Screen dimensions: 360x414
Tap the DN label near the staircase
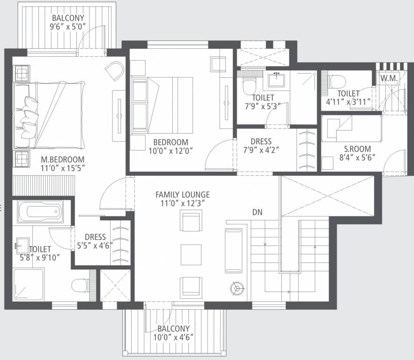(x=257, y=212)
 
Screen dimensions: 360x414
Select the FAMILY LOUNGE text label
(x=183, y=195)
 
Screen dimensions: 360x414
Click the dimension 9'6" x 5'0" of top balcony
(x=68, y=27)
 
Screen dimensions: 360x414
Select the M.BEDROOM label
(x=62, y=159)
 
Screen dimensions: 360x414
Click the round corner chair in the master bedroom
(x=114, y=72)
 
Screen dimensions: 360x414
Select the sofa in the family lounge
(x=234, y=250)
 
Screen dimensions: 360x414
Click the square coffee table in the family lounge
(x=191, y=254)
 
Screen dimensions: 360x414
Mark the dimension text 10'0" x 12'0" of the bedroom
(x=171, y=150)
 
